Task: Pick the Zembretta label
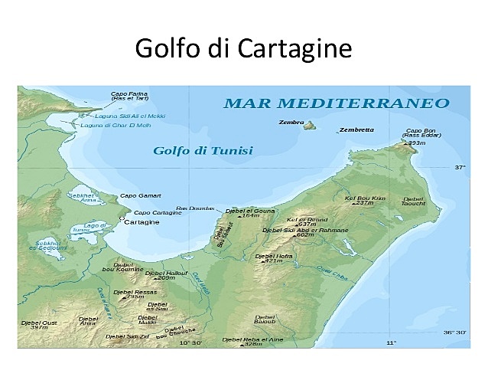coord(356,129)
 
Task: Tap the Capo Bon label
coord(420,131)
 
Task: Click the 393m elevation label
coord(415,143)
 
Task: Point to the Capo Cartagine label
coord(158,212)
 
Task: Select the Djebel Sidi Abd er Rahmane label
coord(305,230)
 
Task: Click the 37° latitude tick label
coord(460,166)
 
